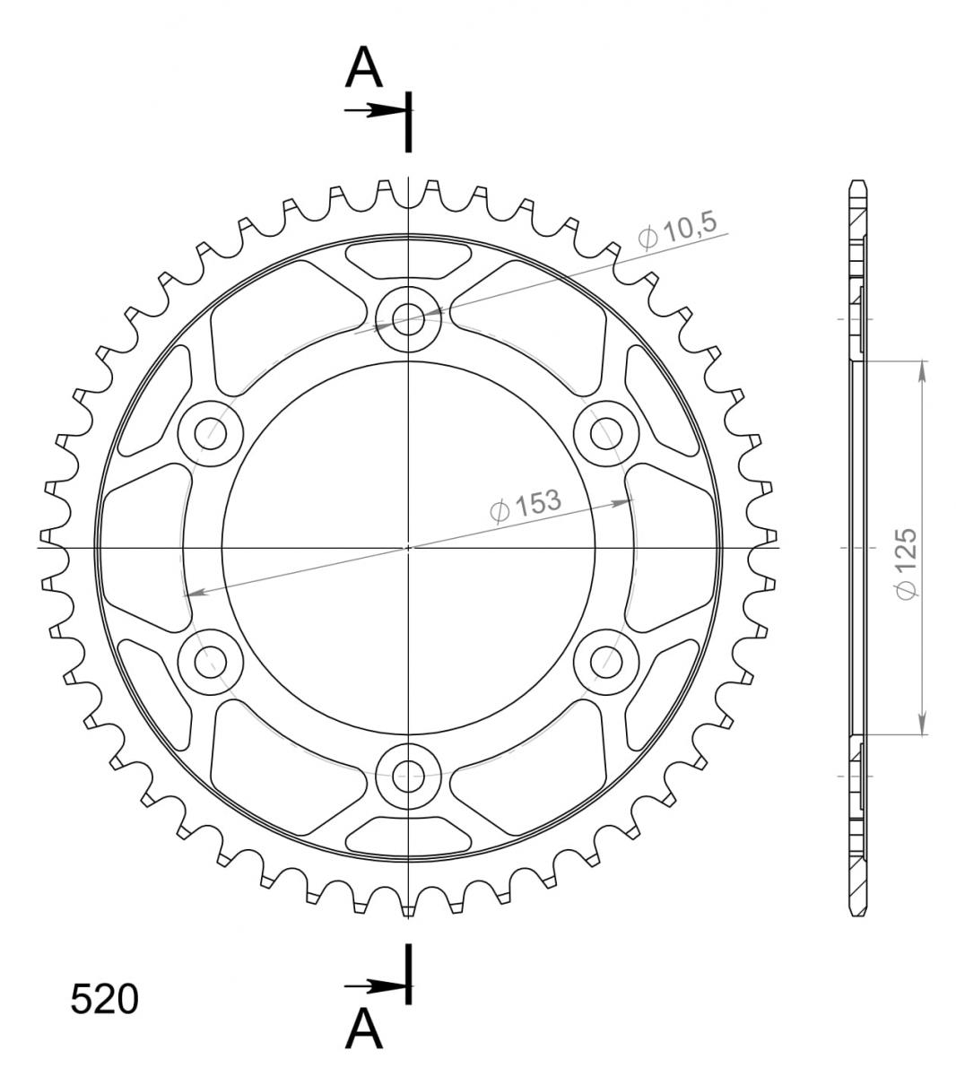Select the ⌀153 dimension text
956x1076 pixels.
[526, 505]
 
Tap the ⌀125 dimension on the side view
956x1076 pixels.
[907, 563]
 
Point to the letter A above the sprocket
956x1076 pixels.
[364, 67]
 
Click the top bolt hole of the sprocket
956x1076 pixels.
[408, 319]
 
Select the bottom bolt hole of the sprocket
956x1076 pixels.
[408, 776]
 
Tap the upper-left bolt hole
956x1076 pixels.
[211, 433]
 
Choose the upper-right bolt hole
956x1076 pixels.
[606, 433]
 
